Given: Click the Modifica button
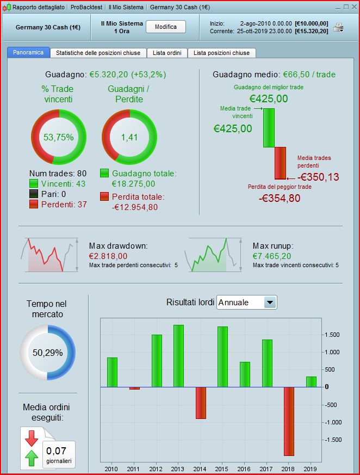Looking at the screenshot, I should [x=166, y=27].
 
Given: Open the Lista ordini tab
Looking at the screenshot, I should [x=167, y=53].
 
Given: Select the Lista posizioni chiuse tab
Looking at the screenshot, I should [x=221, y=53].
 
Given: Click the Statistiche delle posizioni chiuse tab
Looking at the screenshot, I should [x=98, y=53].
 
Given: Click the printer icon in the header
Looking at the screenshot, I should [x=338, y=27].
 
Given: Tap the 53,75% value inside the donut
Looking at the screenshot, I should [x=58, y=137].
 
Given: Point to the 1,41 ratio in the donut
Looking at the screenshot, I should [x=129, y=137].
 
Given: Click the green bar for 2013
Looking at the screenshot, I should [x=178, y=356].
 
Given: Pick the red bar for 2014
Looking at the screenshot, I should [x=201, y=403].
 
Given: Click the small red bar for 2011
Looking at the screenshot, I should [x=134, y=388].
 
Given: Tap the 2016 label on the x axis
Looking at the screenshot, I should [x=245, y=468].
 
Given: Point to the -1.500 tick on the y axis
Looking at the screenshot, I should [x=333, y=440].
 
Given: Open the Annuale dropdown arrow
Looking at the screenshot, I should [x=269, y=303].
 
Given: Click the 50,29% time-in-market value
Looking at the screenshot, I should [x=47, y=353].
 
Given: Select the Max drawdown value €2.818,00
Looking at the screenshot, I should [x=108, y=256].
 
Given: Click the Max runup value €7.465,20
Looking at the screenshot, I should [x=272, y=256].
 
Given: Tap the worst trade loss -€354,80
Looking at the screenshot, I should [x=279, y=198].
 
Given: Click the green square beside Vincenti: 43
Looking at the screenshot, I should [x=34, y=184].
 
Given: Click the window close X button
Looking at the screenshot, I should [x=353, y=7].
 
